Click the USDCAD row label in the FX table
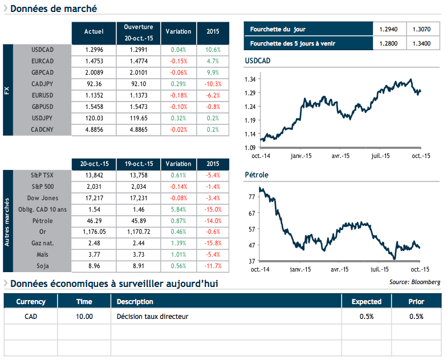(43, 50)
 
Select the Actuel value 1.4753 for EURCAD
(94, 61)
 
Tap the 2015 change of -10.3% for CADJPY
(212, 84)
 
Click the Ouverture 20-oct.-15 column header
(139, 31)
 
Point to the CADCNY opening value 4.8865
(139, 130)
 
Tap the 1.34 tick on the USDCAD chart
(249, 79)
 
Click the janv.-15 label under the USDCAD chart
(300, 156)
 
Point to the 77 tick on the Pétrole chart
(251, 197)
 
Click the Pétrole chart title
(256, 175)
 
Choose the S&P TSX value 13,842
(94, 175)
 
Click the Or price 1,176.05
(94, 232)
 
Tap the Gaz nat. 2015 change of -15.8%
(212, 244)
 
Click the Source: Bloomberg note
(415, 282)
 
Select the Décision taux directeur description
(152, 316)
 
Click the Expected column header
(366, 302)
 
